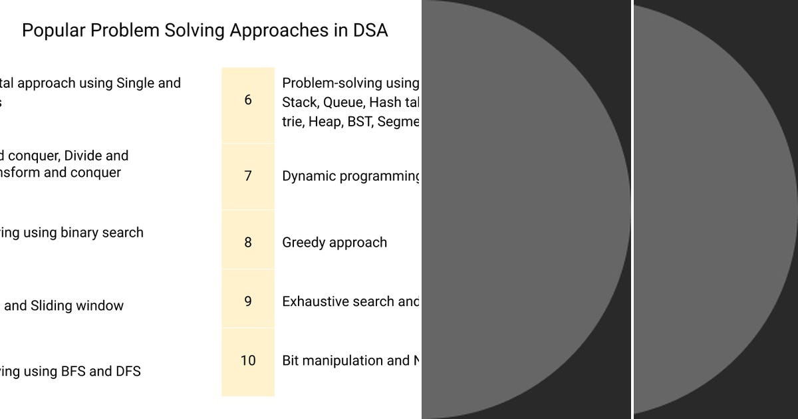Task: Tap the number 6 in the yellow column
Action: coord(248,100)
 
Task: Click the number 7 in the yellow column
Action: coord(248,176)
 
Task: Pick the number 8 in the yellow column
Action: coord(248,242)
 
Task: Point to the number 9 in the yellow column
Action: coord(248,301)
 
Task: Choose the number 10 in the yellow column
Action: coord(248,360)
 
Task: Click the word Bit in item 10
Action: coord(291,360)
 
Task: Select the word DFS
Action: coord(128,371)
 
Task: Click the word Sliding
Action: coord(52,306)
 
